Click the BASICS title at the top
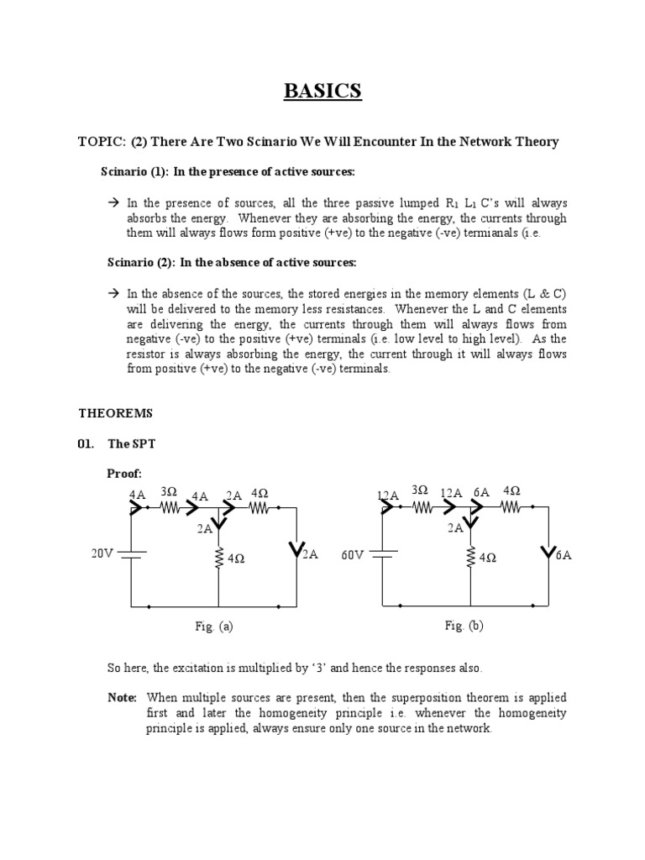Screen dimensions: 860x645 [x=322, y=91]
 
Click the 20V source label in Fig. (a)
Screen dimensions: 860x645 [x=102, y=553]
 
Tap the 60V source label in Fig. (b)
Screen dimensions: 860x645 [x=353, y=555]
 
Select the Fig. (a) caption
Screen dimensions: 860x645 [x=212, y=627]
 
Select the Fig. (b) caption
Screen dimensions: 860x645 [x=464, y=627]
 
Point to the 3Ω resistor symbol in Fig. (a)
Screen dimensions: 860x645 [x=170, y=507]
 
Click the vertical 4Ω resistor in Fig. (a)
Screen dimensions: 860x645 [x=218, y=557]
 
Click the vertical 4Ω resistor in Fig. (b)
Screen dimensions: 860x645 [x=469, y=557]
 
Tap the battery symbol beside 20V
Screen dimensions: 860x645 [x=132, y=554]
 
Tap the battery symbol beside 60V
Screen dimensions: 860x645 [x=382, y=554]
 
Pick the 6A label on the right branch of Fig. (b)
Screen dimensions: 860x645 [x=564, y=555]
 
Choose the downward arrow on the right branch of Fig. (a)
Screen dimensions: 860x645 [x=296, y=551]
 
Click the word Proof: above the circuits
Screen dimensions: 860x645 [x=124, y=474]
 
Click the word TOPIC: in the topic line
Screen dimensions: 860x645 [x=100, y=141]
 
